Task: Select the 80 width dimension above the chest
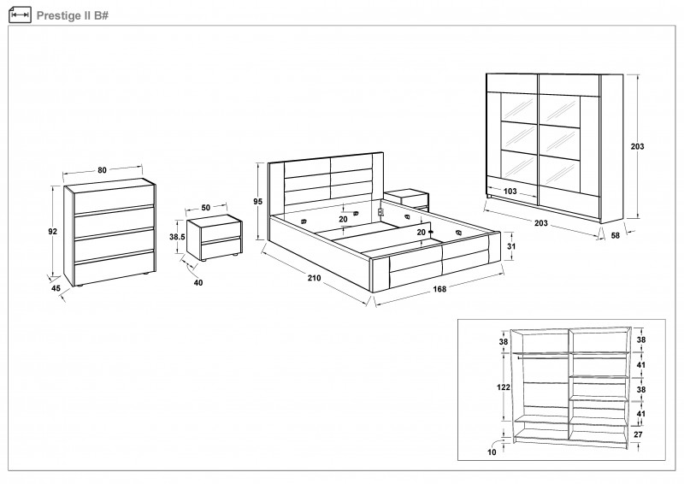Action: click(x=103, y=170)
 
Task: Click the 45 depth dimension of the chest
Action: click(x=56, y=289)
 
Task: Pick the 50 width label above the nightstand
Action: click(x=205, y=208)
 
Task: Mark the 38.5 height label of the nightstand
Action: click(x=178, y=237)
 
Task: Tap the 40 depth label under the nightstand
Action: click(x=198, y=282)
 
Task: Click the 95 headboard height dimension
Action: click(x=257, y=201)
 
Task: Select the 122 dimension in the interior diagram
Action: click(x=504, y=387)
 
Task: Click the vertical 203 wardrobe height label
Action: click(x=637, y=146)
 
